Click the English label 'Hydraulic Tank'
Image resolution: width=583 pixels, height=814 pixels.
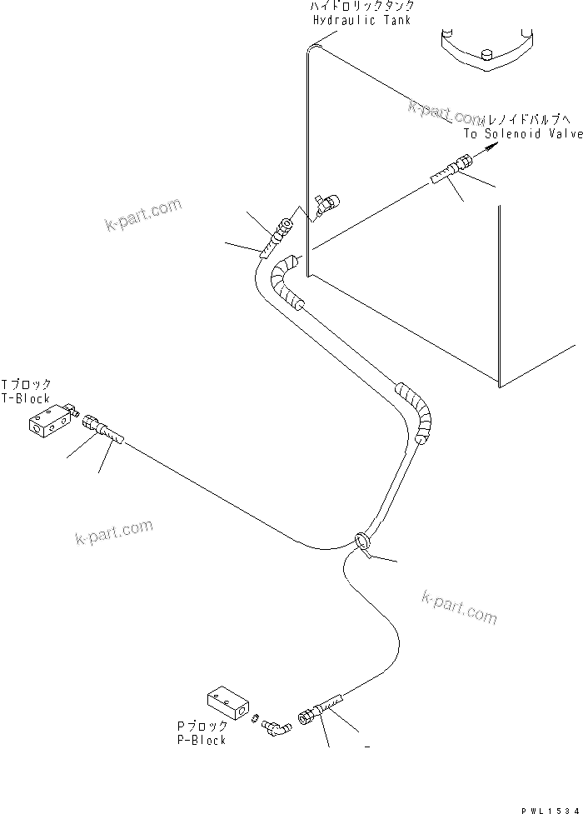361,19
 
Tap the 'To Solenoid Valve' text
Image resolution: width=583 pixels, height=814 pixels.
523,133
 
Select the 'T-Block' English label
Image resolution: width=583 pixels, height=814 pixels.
26,399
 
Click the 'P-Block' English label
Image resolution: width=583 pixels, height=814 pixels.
202,739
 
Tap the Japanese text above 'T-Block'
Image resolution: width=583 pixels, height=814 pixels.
26,385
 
